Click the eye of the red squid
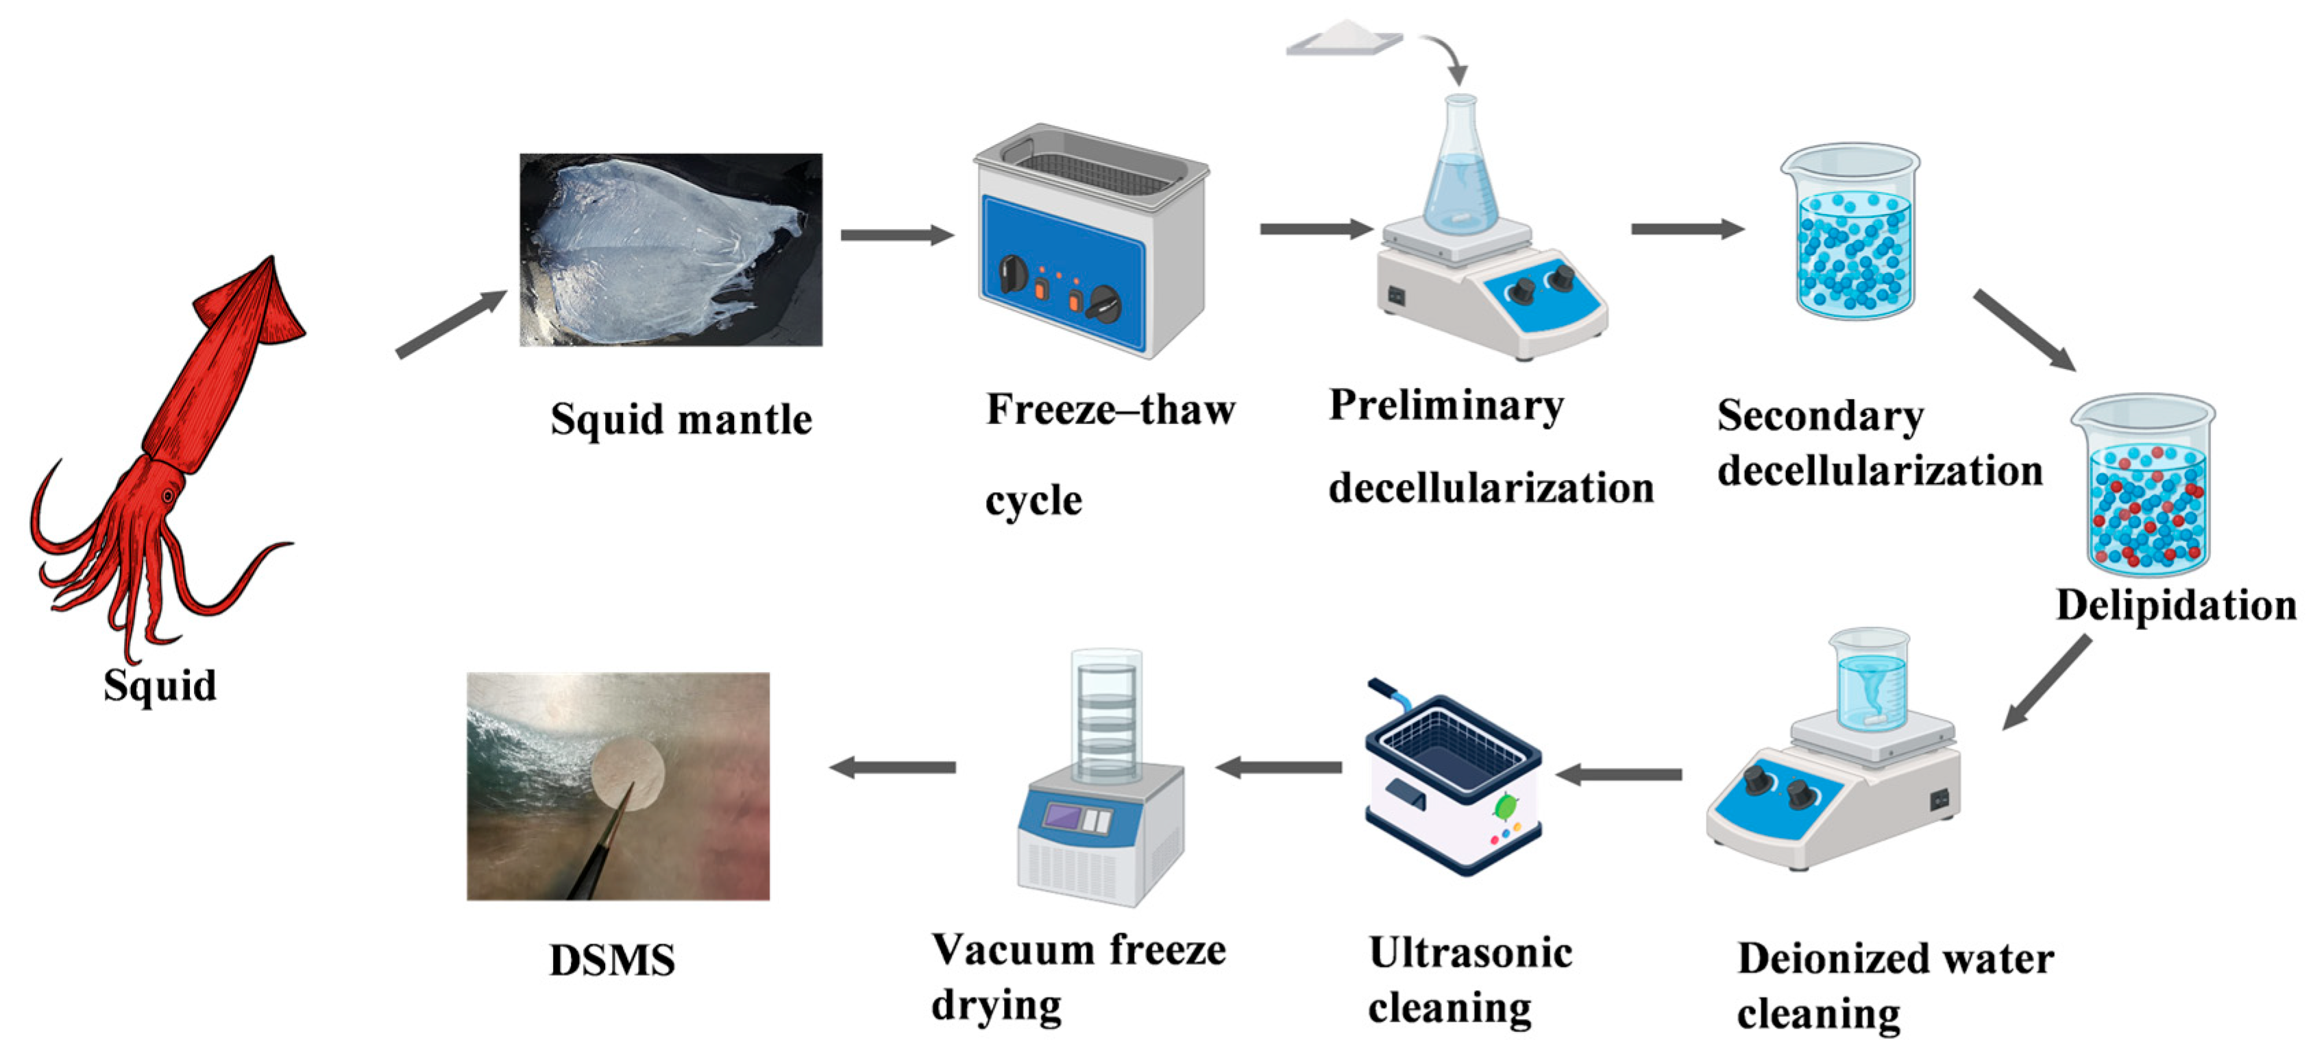(x=167, y=496)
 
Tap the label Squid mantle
(x=681, y=420)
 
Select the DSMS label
(x=611, y=960)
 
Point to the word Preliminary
(x=1445, y=406)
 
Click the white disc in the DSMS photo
(x=628, y=774)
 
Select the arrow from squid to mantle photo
(x=452, y=324)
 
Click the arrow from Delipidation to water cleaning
(x=2048, y=682)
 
